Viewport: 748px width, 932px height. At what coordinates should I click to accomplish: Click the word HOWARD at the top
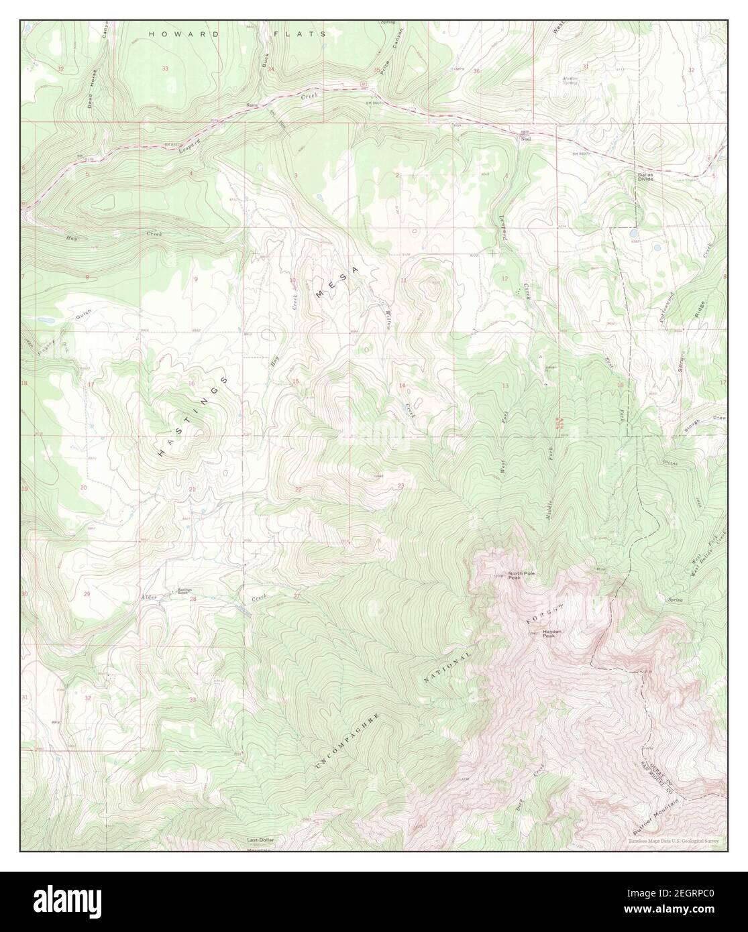[174, 33]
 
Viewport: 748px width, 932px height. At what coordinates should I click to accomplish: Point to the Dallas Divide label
[644, 177]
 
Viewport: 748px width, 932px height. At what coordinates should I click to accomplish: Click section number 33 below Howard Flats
[165, 68]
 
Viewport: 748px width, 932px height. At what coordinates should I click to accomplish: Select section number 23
[400, 485]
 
